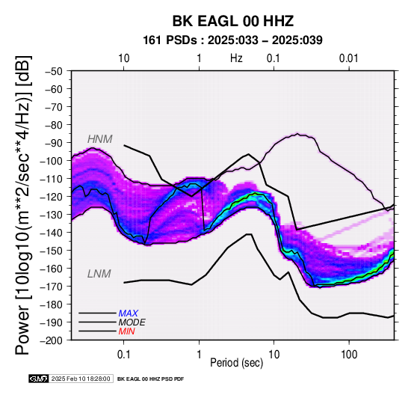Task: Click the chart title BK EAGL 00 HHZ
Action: click(233, 21)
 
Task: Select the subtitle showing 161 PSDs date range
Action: click(232, 40)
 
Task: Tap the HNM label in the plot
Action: click(100, 139)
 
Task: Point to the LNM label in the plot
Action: click(99, 274)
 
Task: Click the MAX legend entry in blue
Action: click(129, 313)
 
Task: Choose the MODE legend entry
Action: click(132, 322)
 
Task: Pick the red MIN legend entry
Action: click(127, 331)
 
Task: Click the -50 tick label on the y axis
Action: click(54, 71)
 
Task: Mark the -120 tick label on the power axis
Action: click(52, 197)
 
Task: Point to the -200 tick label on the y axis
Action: click(52, 340)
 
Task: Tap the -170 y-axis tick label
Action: click(52, 287)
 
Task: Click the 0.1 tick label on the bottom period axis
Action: click(123, 355)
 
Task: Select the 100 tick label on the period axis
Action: click(349, 355)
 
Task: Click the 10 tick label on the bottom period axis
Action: click(274, 355)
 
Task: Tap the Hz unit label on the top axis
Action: click(236, 58)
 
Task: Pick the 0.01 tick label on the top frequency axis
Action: click(348, 58)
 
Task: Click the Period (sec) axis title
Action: click(237, 363)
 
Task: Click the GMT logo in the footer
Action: click(39, 379)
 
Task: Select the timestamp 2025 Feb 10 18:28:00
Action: click(81, 379)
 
